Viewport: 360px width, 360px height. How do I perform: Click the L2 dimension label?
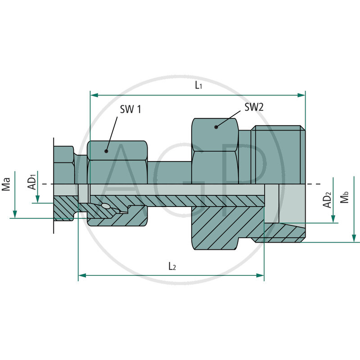click(x=172, y=266)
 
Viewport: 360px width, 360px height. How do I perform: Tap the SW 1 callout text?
click(x=130, y=109)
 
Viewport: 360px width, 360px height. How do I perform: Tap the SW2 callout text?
click(x=254, y=107)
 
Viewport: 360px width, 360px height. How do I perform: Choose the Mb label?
click(x=345, y=198)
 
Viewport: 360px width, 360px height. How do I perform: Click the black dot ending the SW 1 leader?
click(x=107, y=151)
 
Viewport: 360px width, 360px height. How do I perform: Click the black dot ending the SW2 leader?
click(x=216, y=127)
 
